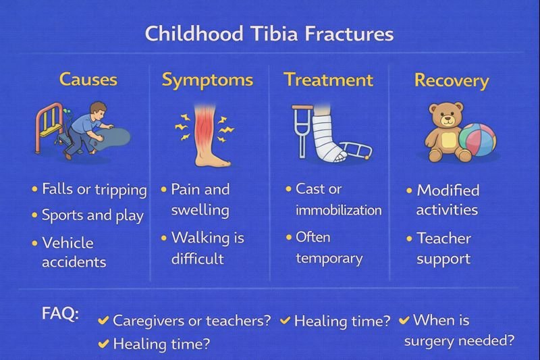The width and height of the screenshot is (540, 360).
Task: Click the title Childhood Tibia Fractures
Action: pyautogui.click(x=269, y=33)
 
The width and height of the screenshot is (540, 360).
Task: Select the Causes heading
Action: pyautogui.click(x=88, y=80)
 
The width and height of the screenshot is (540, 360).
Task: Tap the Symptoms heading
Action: pyautogui.click(x=207, y=80)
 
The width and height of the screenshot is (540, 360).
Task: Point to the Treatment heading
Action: pyautogui.click(x=328, y=80)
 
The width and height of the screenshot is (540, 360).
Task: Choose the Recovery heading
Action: pyautogui.click(x=452, y=81)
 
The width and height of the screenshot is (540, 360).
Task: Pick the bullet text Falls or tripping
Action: pyautogui.click(x=94, y=190)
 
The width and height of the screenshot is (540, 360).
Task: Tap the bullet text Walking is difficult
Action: pyautogui.click(x=207, y=247)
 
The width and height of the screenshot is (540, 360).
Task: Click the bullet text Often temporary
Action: pyautogui.click(x=329, y=247)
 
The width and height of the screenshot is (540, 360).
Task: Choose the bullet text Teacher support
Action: pyautogui.click(x=443, y=248)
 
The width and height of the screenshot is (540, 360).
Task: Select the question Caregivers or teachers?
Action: pyautogui.click(x=192, y=320)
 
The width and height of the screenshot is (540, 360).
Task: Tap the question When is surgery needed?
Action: pyautogui.click(x=459, y=330)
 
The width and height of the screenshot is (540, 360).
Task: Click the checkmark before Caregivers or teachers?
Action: pyautogui.click(x=104, y=320)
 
